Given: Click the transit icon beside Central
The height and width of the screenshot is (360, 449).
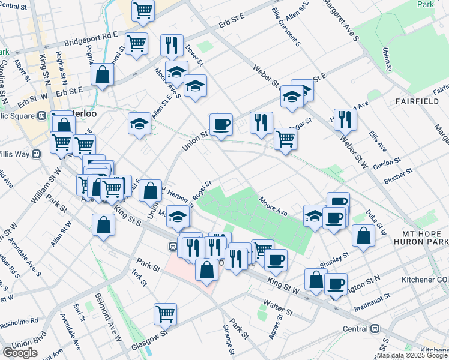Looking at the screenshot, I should (376, 329).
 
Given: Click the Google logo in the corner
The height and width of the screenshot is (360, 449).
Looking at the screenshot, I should (20, 353).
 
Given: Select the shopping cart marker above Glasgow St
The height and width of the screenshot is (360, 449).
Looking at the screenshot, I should (165, 313).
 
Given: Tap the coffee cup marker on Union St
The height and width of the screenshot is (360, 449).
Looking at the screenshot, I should (221, 124).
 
